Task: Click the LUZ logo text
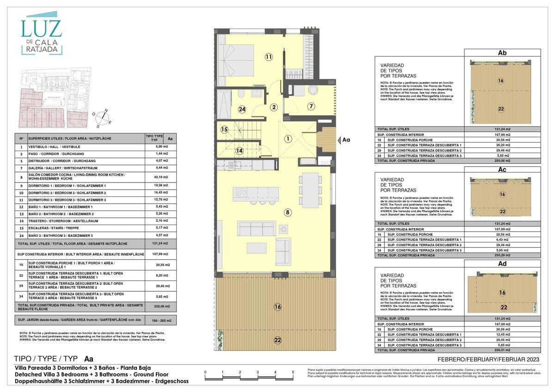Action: [41, 29]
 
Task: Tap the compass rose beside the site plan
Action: [102, 117]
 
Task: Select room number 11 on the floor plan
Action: [269, 57]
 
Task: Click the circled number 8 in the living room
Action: [288, 213]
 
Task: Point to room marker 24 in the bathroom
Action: [242, 110]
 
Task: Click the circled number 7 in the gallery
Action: [311, 106]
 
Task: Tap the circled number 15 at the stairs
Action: [224, 130]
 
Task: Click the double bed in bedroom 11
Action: [237, 60]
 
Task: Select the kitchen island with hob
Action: [256, 193]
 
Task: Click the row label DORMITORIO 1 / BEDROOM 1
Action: [61, 186]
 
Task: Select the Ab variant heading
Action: [502, 53]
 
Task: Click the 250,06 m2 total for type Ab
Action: [502, 161]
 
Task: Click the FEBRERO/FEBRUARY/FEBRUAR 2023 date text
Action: [488, 360]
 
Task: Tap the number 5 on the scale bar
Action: [292, 372]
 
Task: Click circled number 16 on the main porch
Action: [277, 306]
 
